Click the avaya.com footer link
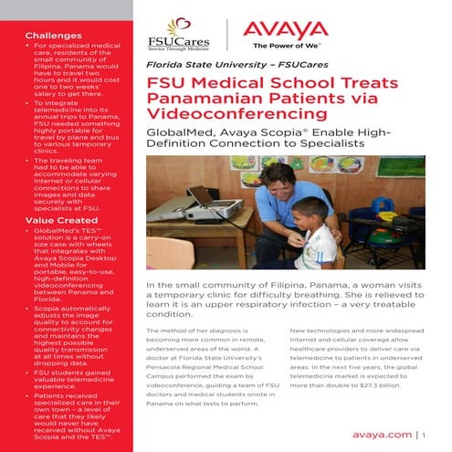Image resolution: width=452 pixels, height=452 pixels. (x=380, y=435)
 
